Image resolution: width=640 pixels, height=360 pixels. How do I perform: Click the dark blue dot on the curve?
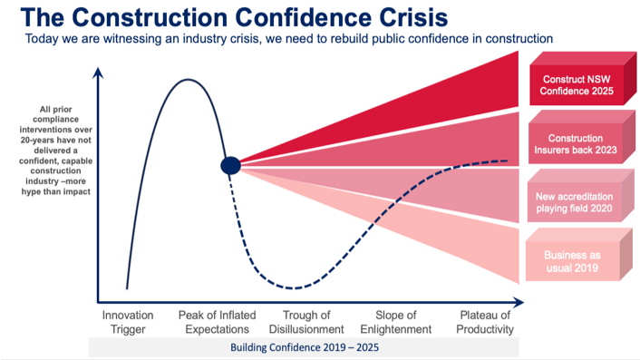pos(230,164)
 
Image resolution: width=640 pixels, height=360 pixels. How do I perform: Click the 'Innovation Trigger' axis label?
pos(128,322)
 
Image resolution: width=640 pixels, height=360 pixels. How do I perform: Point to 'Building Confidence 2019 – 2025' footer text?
pos(304,347)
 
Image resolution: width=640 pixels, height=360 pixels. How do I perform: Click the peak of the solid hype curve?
pos(189,80)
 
